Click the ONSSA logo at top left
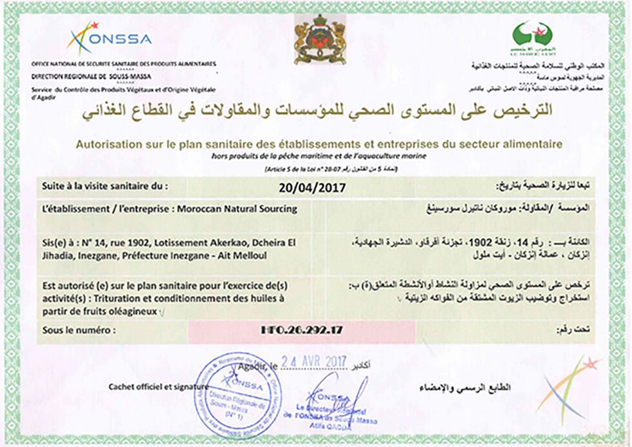(x=110, y=38)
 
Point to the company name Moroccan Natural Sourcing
(x=243, y=209)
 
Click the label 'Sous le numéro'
(x=79, y=330)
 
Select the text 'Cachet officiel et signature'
(x=159, y=387)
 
